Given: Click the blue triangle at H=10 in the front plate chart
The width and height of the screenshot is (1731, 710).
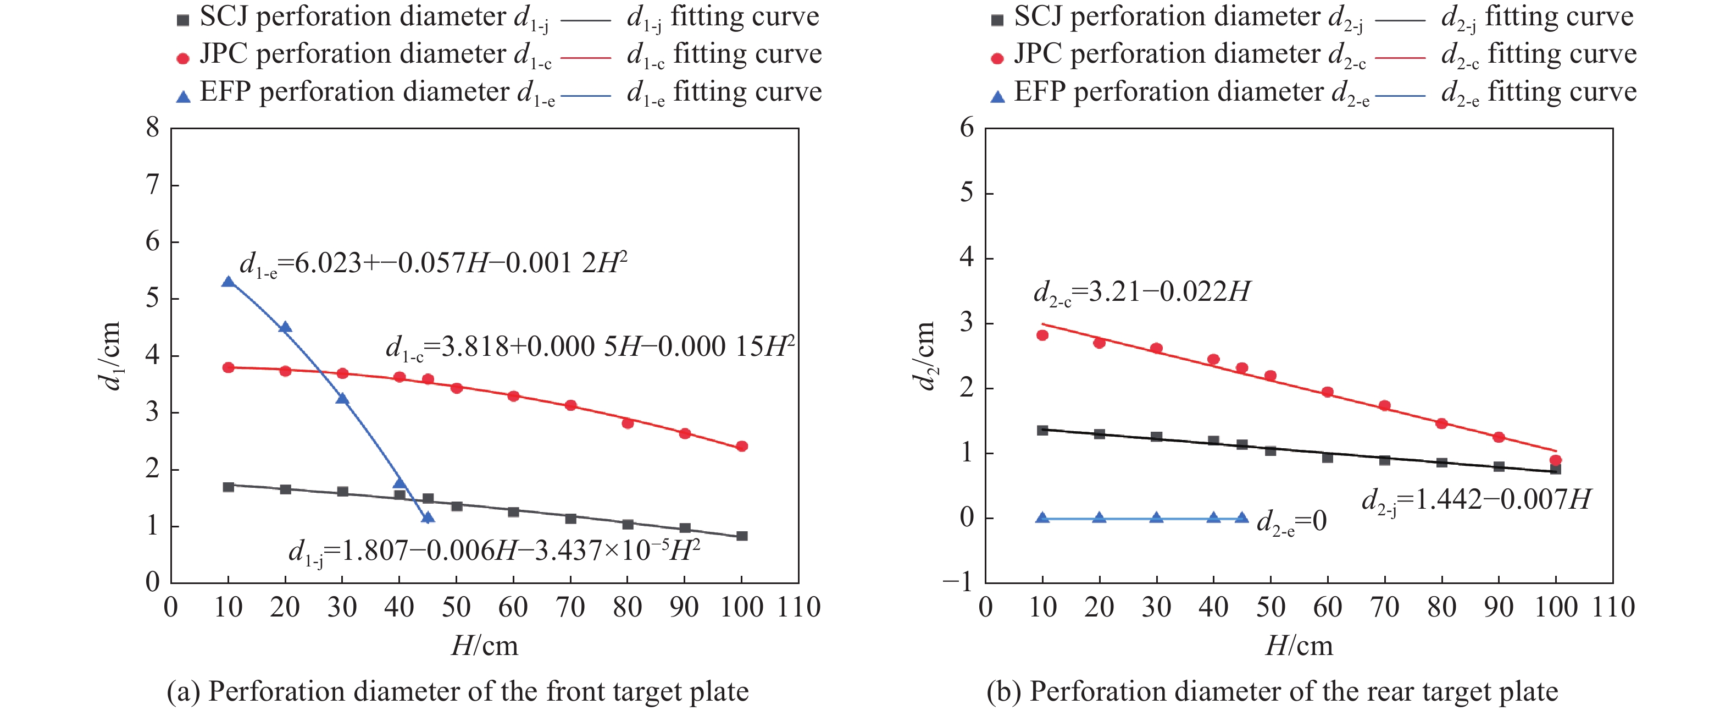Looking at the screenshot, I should (x=229, y=282).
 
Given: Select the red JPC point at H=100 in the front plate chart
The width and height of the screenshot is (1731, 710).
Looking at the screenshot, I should (x=742, y=447).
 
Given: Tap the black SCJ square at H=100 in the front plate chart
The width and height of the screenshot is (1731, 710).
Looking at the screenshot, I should (x=742, y=536).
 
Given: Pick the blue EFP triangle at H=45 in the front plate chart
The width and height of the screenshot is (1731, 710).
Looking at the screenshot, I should (x=428, y=517).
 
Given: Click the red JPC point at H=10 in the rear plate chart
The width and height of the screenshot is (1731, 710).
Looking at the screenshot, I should (x=1042, y=335).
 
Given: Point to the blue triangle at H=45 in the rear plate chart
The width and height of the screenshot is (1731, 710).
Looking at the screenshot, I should (x=1242, y=518).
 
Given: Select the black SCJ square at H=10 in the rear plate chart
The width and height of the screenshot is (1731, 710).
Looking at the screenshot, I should (x=1042, y=430).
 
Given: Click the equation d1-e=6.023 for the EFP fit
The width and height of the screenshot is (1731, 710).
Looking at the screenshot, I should (x=434, y=263).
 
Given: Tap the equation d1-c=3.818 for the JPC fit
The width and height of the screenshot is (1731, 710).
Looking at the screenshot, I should (x=589, y=348).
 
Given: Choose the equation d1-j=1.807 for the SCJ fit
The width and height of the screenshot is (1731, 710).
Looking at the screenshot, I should (x=494, y=551).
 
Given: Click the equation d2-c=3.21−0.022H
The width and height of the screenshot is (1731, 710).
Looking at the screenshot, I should (x=1141, y=293).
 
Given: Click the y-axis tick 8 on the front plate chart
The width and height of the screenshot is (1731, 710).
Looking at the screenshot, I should (x=153, y=127).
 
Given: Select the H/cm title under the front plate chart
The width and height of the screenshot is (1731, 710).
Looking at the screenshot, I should (x=485, y=646).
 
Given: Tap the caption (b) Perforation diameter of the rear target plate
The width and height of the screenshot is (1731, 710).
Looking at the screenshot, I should (x=1272, y=692).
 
